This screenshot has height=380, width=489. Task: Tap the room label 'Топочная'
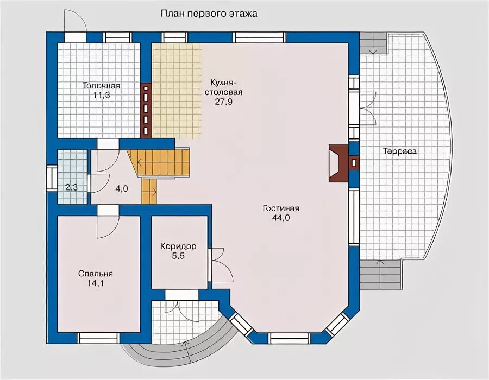point(101,86)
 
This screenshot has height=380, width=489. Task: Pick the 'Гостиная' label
point(281,209)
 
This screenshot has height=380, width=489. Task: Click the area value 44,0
point(281,218)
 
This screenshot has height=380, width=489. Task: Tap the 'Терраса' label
point(399,151)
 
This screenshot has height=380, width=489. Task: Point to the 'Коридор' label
point(178,246)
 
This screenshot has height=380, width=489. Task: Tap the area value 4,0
point(121,189)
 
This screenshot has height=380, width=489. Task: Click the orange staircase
point(163,162)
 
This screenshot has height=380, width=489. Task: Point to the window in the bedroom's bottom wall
point(98,338)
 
